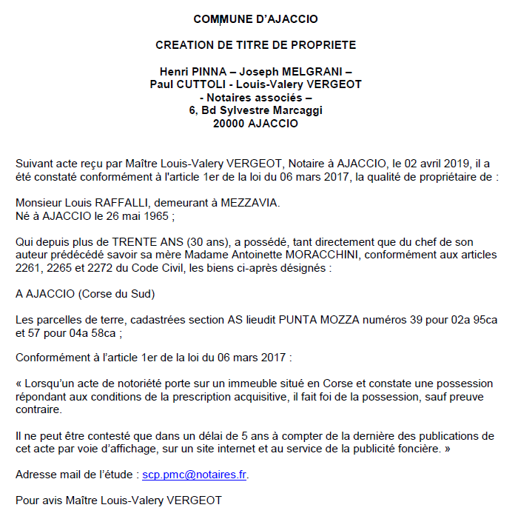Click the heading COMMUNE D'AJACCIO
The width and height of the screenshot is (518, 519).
tap(255, 19)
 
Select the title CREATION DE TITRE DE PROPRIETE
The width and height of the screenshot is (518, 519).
tap(255, 45)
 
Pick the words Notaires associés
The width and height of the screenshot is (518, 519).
tap(255, 97)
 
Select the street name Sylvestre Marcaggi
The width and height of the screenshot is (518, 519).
tap(277, 110)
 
